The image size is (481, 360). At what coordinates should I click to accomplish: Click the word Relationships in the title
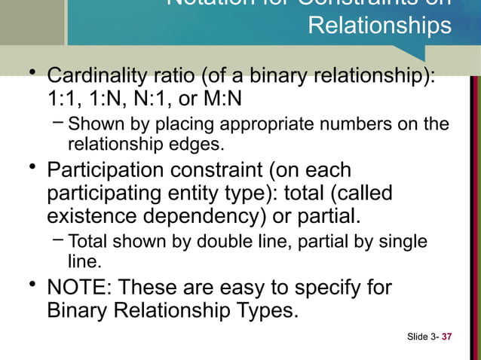[380, 26]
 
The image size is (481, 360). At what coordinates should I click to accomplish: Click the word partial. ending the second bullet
[326, 216]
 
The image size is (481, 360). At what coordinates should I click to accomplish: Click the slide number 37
[446, 336]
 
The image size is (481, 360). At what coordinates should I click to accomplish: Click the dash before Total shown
[58, 242]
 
